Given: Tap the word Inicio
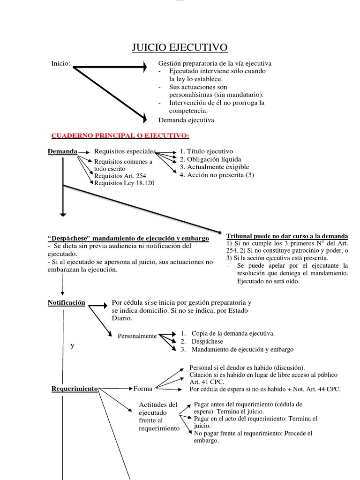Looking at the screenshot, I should [61, 63].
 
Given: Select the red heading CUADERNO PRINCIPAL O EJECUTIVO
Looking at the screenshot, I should [120, 135].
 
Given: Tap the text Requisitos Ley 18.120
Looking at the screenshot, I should [124, 183].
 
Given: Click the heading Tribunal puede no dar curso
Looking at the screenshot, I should [287, 235].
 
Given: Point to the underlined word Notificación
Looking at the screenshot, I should [67, 302].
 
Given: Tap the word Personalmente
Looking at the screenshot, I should [137, 336].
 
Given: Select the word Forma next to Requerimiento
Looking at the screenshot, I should [143, 388].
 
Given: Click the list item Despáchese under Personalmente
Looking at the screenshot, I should [207, 341].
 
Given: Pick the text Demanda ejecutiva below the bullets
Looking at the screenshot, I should [186, 120].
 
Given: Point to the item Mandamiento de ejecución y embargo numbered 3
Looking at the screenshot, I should [242, 349].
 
